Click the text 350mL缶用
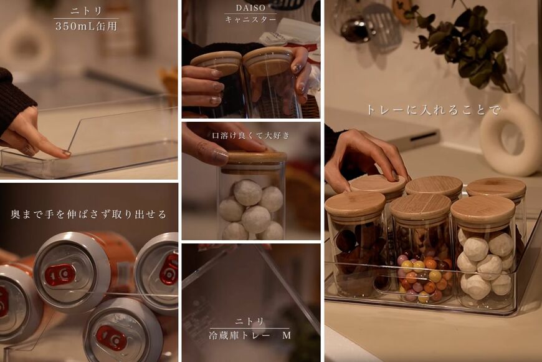click(86, 27)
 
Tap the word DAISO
click(250, 8)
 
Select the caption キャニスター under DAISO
click(250, 20)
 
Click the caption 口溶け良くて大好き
click(250, 135)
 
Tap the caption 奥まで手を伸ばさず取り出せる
click(88, 214)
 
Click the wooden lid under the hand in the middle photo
click(254, 157)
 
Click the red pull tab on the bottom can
click(112, 337)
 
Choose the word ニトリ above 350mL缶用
click(86, 12)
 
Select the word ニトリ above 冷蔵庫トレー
click(250, 321)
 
